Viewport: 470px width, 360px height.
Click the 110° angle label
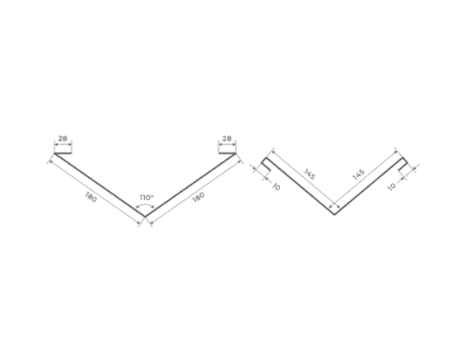tap(147, 198)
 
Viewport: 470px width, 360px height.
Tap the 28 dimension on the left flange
tap(63, 138)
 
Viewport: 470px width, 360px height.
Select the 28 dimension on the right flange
tap(227, 138)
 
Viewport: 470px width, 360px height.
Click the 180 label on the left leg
tap(91, 197)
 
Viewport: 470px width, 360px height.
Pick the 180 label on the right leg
tap(198, 197)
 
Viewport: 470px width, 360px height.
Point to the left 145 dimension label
tap(309, 175)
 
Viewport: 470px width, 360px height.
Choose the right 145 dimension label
tap(359, 175)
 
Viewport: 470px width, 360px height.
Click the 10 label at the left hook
tap(276, 187)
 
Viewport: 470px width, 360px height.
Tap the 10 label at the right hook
tap(392, 187)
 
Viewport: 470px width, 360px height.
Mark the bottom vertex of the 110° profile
tap(145, 217)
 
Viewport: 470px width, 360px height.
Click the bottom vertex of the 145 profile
tap(334, 214)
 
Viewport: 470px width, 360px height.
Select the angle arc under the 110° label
tap(145, 205)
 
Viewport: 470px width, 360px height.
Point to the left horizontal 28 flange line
tap(63, 153)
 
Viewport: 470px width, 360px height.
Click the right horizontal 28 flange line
tap(227, 153)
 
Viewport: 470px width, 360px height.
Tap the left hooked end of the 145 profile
tap(266, 165)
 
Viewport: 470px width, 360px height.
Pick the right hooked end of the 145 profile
tap(403, 165)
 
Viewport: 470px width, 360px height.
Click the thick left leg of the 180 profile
tap(100, 185)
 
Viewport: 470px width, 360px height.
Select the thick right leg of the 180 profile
tap(191, 185)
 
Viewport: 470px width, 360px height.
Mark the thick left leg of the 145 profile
tap(300, 186)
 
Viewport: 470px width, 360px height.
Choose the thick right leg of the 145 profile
tap(369, 186)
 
